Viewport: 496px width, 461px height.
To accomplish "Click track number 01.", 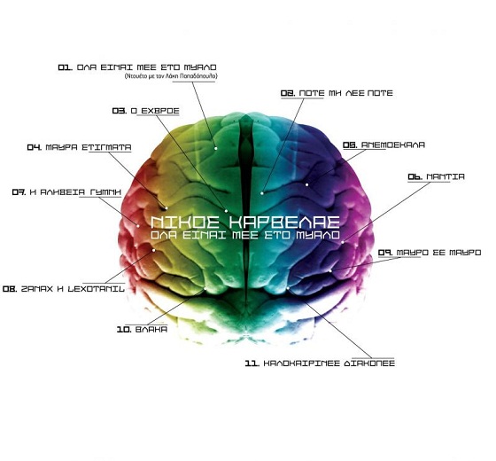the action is click(66, 67).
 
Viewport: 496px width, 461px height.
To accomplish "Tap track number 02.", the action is click(288, 93).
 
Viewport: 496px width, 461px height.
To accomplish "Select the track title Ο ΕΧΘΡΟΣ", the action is click(155, 111).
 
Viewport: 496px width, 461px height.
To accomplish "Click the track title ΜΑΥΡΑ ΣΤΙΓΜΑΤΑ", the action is click(89, 147).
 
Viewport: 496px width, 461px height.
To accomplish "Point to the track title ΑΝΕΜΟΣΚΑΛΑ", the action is click(393, 145).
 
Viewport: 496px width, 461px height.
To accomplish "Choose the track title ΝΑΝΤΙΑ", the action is click(446, 176).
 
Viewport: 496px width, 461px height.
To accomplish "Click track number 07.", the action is click(19, 192).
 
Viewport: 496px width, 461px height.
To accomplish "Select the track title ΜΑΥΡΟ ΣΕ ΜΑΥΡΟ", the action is click(438, 253).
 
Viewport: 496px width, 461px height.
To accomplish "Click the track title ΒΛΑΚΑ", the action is click(151, 330).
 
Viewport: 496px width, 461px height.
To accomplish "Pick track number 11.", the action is click(252, 363).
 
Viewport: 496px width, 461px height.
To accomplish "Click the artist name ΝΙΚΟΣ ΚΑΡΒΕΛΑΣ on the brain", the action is click(245, 223).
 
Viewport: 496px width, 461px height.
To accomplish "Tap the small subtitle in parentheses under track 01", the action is click(171, 76).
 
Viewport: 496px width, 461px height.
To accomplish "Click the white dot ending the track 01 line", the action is click(216, 148).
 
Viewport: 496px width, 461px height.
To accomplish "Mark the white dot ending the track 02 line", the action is click(262, 193).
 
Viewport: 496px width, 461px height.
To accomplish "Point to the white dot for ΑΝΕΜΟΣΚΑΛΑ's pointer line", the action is click(306, 184).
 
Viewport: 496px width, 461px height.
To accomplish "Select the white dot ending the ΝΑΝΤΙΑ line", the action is click(343, 243).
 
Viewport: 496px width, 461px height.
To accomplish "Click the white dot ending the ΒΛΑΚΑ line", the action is click(205, 289).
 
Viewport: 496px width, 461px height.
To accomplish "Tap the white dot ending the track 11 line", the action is click(288, 288).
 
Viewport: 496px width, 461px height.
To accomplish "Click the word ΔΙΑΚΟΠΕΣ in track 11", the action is click(368, 363).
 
